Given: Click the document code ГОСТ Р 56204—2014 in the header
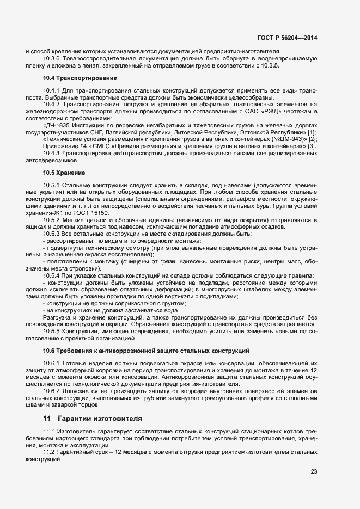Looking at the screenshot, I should pyautogui.click(x=286, y=38).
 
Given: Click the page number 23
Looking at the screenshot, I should pyautogui.click(x=314, y=471).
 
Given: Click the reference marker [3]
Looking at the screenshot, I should pyautogui.click(x=312, y=146).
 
